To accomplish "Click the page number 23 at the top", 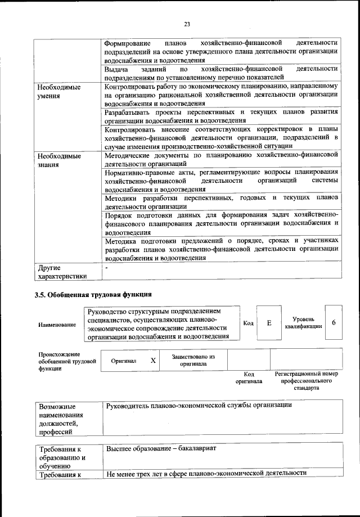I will tap(187, 24).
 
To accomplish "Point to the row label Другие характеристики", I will tap(62, 272).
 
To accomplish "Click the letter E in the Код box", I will tap(269, 323).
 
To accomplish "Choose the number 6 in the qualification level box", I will tap(334, 323).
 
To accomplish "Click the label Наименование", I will tap(57, 325).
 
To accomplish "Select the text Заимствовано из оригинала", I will tap(193, 360).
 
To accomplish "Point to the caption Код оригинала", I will tap(249, 377).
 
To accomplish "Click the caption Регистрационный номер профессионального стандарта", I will tap(306, 381).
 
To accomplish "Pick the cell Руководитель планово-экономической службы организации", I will tap(199, 406).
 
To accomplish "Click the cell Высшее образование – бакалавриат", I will tap(165, 448).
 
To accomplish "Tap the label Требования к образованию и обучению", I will tap(62, 457).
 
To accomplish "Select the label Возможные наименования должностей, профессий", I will tap(61, 419).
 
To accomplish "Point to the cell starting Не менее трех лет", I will tap(206, 473).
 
